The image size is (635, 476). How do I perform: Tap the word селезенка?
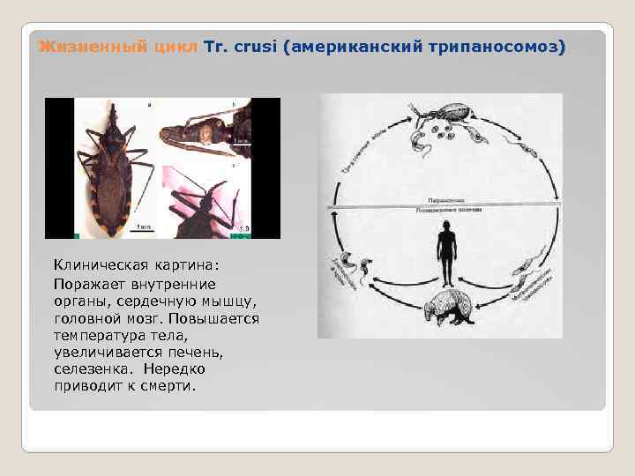pyautogui.click(x=93, y=369)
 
